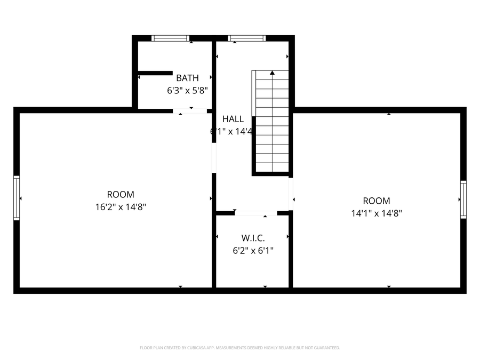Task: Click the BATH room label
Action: click(187, 78)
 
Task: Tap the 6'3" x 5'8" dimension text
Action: click(187, 91)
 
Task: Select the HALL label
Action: click(233, 119)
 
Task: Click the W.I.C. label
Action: click(253, 237)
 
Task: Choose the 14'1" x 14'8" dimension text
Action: click(377, 213)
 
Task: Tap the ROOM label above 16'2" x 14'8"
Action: click(121, 195)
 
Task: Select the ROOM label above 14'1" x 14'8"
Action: click(377, 201)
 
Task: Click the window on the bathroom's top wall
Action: click(170, 38)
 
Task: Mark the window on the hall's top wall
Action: click(246, 38)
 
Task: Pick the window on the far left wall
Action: click(17, 198)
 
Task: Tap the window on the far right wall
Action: click(463, 199)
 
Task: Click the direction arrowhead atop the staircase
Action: click(272, 73)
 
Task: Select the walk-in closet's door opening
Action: click(255, 213)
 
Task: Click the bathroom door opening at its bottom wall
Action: click(190, 111)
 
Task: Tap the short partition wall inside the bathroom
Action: click(155, 73)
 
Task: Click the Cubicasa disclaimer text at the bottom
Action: click(240, 348)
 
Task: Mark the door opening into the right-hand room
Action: click(291, 193)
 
